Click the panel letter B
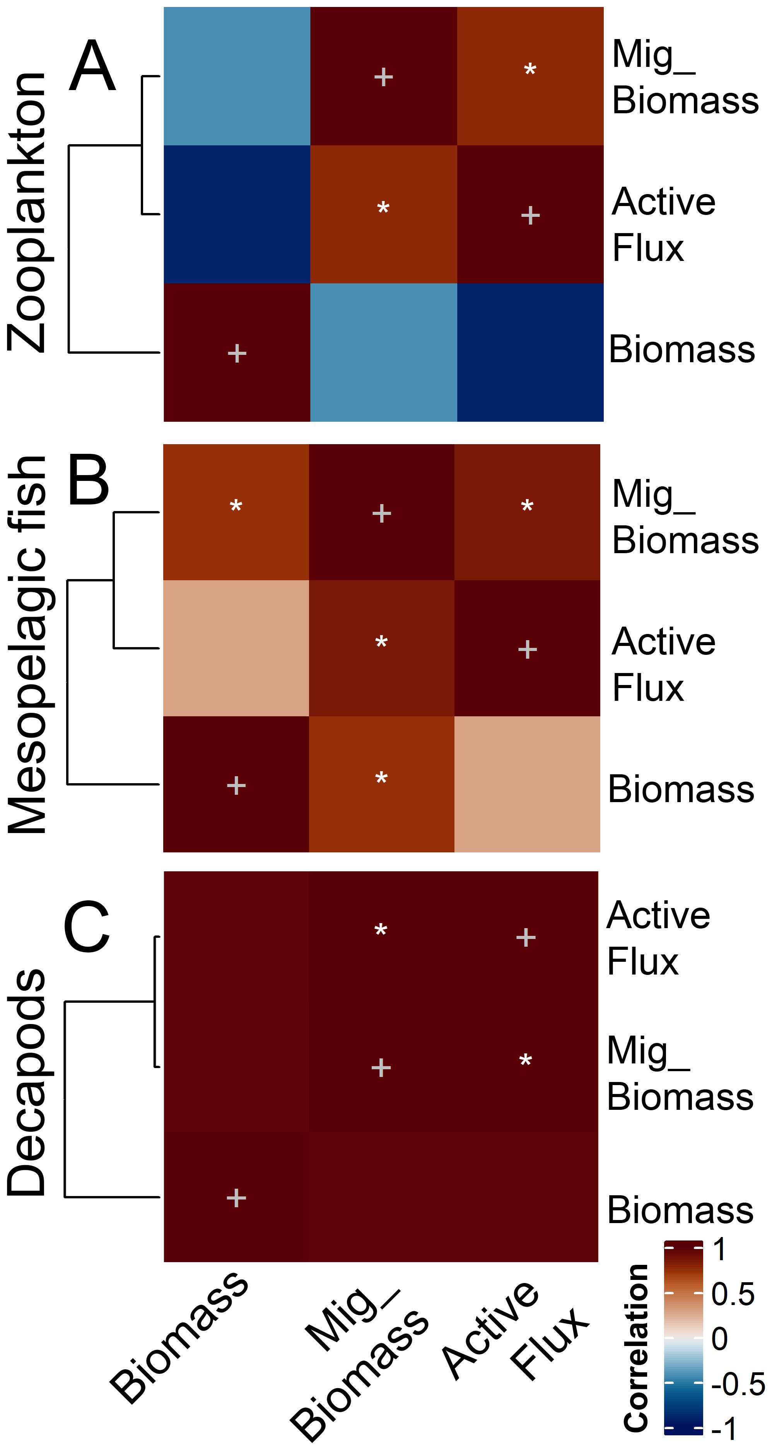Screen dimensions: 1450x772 89,480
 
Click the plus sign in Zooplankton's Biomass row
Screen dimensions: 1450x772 237,353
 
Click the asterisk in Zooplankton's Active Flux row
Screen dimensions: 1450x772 383,208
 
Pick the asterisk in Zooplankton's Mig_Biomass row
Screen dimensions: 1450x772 530,70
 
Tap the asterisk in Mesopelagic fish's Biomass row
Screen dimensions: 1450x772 381,779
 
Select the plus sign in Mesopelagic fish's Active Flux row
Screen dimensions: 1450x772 527,649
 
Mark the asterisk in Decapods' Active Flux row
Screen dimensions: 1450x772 381,930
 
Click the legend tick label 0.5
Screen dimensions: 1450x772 732,1294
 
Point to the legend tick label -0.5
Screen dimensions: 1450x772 738,1384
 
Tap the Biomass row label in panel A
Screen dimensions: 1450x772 681,349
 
